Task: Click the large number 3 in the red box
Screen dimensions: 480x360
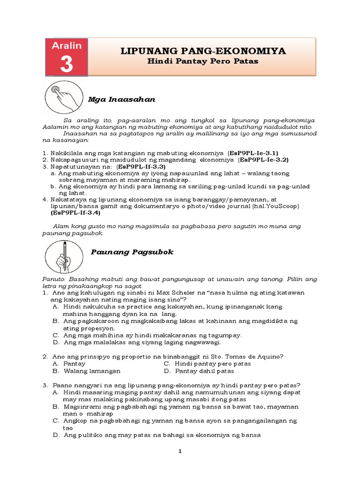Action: [66, 64]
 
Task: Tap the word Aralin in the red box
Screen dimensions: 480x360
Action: [66, 46]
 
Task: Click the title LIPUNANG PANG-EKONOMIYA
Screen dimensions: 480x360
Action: [203, 51]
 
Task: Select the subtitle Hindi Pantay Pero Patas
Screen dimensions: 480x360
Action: [203, 61]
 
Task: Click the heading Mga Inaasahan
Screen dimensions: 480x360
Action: [121, 100]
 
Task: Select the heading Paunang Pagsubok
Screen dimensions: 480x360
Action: [131, 252]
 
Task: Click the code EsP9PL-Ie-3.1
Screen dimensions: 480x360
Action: [253, 153]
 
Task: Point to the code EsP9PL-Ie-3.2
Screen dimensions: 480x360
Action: [263, 159]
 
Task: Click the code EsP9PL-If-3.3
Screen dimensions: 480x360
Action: [142, 166]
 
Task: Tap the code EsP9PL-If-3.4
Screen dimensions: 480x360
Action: [75, 212]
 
